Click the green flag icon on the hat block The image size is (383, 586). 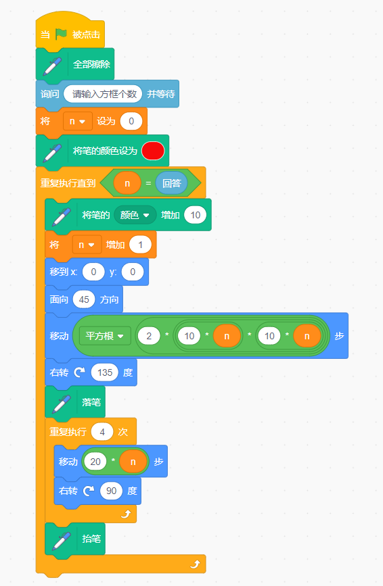click(61, 34)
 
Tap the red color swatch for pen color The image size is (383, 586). click(153, 151)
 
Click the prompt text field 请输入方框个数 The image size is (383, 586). click(103, 94)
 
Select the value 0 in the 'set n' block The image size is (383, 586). click(131, 121)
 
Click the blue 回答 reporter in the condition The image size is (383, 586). click(171, 183)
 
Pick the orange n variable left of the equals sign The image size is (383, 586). click(127, 183)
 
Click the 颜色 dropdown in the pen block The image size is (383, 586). click(135, 215)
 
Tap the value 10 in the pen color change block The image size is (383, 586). click(196, 215)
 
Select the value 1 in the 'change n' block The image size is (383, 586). click(140, 245)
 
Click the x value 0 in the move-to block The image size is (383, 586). click(93, 272)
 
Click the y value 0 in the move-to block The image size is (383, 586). click(133, 272)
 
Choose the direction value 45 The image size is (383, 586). click(84, 299)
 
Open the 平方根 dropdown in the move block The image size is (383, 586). click(105, 336)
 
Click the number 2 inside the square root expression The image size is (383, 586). click(149, 336)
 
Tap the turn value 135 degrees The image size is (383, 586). click(105, 372)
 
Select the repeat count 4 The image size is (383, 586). click(102, 432)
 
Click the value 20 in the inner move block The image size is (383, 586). click(95, 462)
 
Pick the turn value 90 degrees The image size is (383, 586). click(111, 491)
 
